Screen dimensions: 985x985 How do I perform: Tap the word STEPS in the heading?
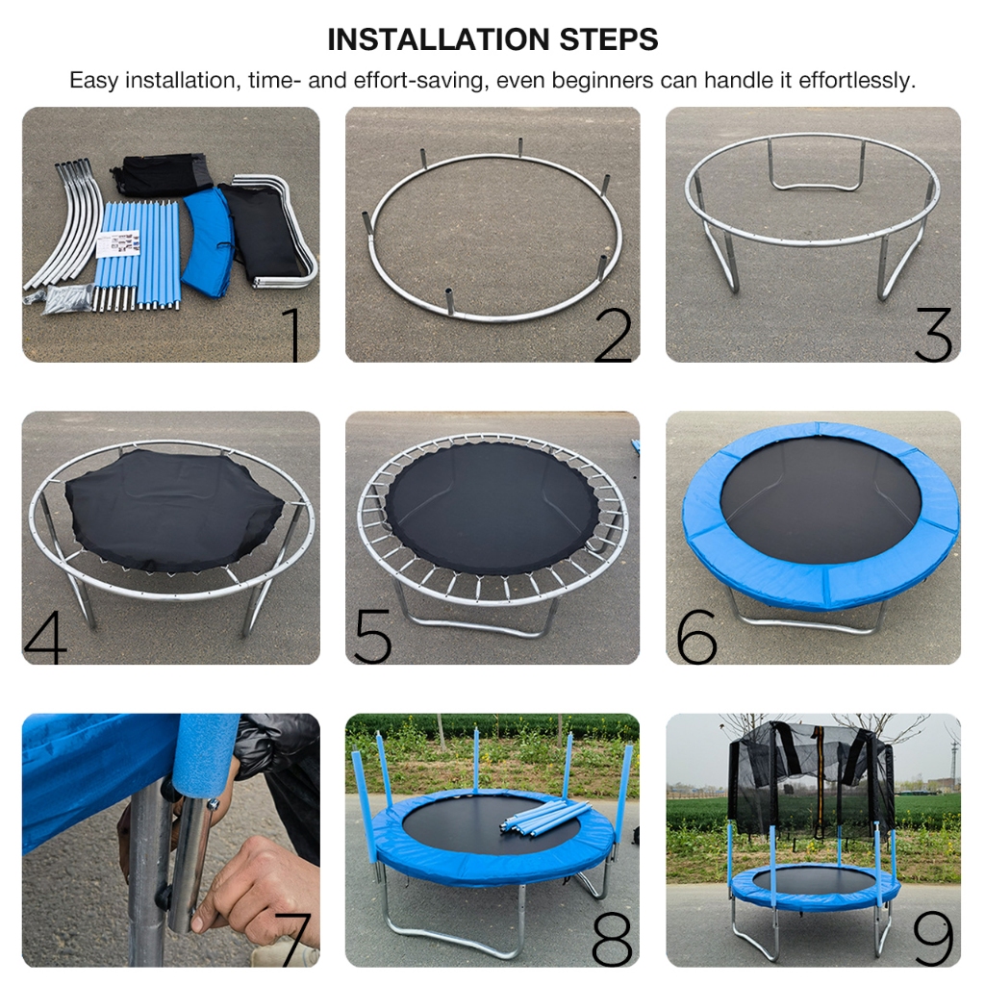click(x=609, y=39)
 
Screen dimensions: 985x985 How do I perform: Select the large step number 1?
click(x=293, y=334)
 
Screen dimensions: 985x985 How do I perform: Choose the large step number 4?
click(x=45, y=637)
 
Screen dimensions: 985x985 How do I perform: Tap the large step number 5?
click(x=373, y=637)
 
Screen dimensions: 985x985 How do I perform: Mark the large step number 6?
click(x=696, y=637)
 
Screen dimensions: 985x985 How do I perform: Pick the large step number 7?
click(x=292, y=939)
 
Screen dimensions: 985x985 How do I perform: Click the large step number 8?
click(x=612, y=939)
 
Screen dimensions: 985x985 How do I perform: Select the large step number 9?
click(x=933, y=939)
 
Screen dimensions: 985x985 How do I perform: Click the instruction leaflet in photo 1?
click(x=118, y=244)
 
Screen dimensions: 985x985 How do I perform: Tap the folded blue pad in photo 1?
click(x=210, y=241)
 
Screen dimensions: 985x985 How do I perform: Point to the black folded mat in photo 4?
click(x=173, y=510)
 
